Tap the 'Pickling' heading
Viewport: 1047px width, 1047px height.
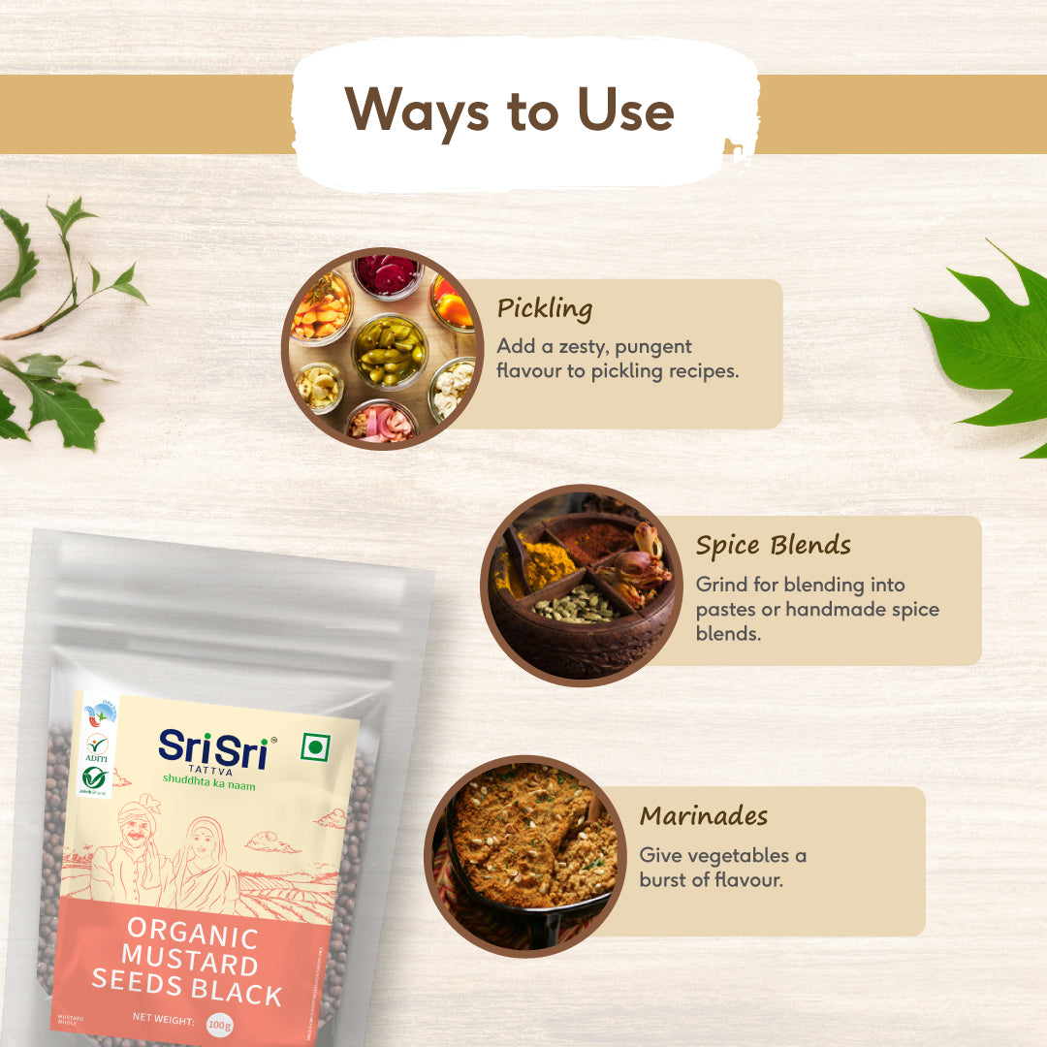544,309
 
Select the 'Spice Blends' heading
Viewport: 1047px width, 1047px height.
773,546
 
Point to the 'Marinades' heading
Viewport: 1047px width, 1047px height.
703,816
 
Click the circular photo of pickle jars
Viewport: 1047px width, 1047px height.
382,349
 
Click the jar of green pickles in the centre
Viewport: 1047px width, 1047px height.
389,350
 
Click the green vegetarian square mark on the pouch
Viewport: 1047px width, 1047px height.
312,746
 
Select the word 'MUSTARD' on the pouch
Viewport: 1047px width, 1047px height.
190,964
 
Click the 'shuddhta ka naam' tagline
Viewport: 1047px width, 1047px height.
208,784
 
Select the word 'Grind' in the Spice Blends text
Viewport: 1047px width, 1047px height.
717,585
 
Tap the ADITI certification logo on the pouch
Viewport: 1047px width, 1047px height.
96,746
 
